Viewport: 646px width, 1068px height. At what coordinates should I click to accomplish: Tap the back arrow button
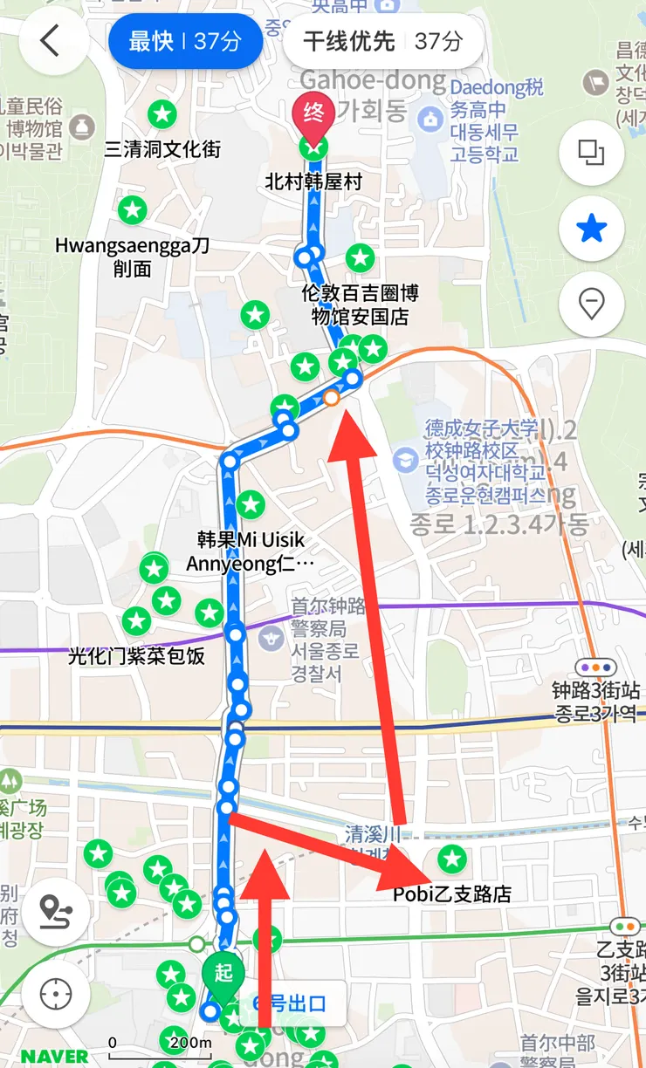[51, 41]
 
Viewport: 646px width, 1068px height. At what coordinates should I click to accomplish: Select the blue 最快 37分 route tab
[184, 41]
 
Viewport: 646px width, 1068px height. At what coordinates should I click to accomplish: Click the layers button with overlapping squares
[591, 153]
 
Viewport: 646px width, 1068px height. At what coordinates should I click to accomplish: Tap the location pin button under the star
[591, 305]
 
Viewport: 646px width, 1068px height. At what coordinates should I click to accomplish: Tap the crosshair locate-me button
[56, 994]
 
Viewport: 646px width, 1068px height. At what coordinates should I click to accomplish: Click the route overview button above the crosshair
[56, 914]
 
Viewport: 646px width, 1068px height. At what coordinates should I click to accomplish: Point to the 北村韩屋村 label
[313, 182]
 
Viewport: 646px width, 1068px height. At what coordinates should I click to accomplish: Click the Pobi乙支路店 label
[451, 894]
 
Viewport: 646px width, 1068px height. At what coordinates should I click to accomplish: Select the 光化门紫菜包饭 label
[136, 655]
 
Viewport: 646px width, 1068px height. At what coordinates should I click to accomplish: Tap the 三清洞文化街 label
[162, 149]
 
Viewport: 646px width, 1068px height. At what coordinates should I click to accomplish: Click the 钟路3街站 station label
[596, 691]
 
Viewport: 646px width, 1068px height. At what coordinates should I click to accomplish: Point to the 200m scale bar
[161, 1042]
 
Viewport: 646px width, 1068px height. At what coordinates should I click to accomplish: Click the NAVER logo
[54, 1056]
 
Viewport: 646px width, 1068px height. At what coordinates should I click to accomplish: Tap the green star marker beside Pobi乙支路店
[451, 859]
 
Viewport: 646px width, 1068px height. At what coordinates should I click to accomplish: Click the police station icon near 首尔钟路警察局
[271, 638]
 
